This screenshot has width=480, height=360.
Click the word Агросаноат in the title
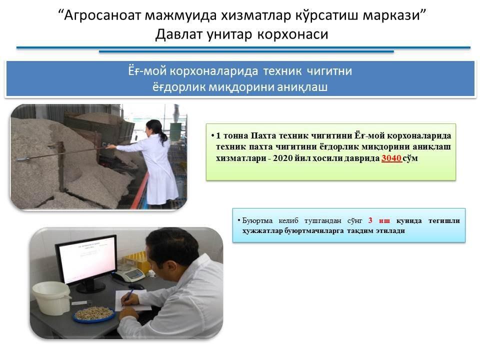tap(101, 15)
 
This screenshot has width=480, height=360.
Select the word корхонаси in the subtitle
tap(292, 34)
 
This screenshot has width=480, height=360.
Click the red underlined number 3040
tap(391, 158)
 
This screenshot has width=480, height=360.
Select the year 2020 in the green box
tap(282, 158)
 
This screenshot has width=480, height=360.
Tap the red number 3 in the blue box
tap(370, 220)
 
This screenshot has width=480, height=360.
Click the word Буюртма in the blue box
tap(257, 220)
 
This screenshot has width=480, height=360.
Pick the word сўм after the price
tap(410, 158)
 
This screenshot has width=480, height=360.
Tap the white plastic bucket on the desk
tap(51, 298)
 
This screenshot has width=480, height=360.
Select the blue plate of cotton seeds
tap(93, 314)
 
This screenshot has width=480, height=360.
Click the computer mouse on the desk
tap(136, 286)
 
